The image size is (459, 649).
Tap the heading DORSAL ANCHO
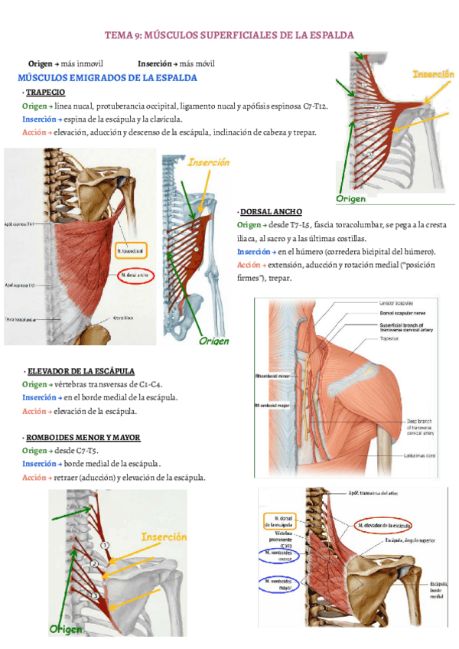click(271, 211)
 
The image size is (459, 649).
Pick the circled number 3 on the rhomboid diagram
click(95, 595)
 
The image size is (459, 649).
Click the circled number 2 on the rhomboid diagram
click(94, 564)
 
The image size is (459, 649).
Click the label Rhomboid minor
click(273, 376)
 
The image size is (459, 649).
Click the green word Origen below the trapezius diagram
click(351, 199)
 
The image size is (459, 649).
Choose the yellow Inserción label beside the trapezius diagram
click(434, 74)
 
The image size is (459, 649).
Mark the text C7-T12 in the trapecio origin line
click(314, 106)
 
